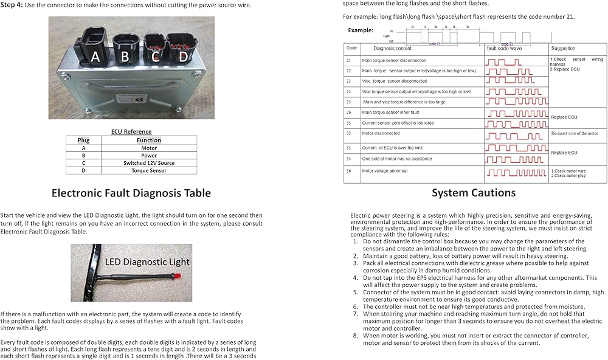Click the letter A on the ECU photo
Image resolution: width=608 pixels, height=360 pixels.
coord(95,57)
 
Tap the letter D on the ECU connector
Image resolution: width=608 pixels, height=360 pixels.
coord(182,57)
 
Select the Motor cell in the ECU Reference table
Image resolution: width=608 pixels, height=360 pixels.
coord(148,148)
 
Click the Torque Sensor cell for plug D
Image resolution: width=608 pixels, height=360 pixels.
coord(148,171)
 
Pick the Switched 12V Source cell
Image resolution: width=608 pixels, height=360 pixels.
coord(148,163)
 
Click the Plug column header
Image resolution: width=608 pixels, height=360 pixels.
coord(83,140)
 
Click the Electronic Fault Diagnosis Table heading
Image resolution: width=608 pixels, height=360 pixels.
coord(131,193)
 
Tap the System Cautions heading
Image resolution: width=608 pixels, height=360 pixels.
coord(474,193)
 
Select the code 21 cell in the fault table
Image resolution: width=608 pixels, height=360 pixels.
coord(349,61)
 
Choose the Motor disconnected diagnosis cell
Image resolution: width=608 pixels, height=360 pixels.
coord(381,133)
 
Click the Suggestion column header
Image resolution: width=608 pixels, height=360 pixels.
coord(563,48)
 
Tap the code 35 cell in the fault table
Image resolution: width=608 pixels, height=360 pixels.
coord(349,123)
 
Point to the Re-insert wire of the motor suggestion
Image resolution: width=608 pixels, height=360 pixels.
coord(574,133)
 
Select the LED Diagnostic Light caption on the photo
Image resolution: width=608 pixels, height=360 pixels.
coord(147,262)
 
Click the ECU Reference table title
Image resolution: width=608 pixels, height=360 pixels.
coord(131,131)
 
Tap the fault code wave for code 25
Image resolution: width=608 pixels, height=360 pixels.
coord(508,102)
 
